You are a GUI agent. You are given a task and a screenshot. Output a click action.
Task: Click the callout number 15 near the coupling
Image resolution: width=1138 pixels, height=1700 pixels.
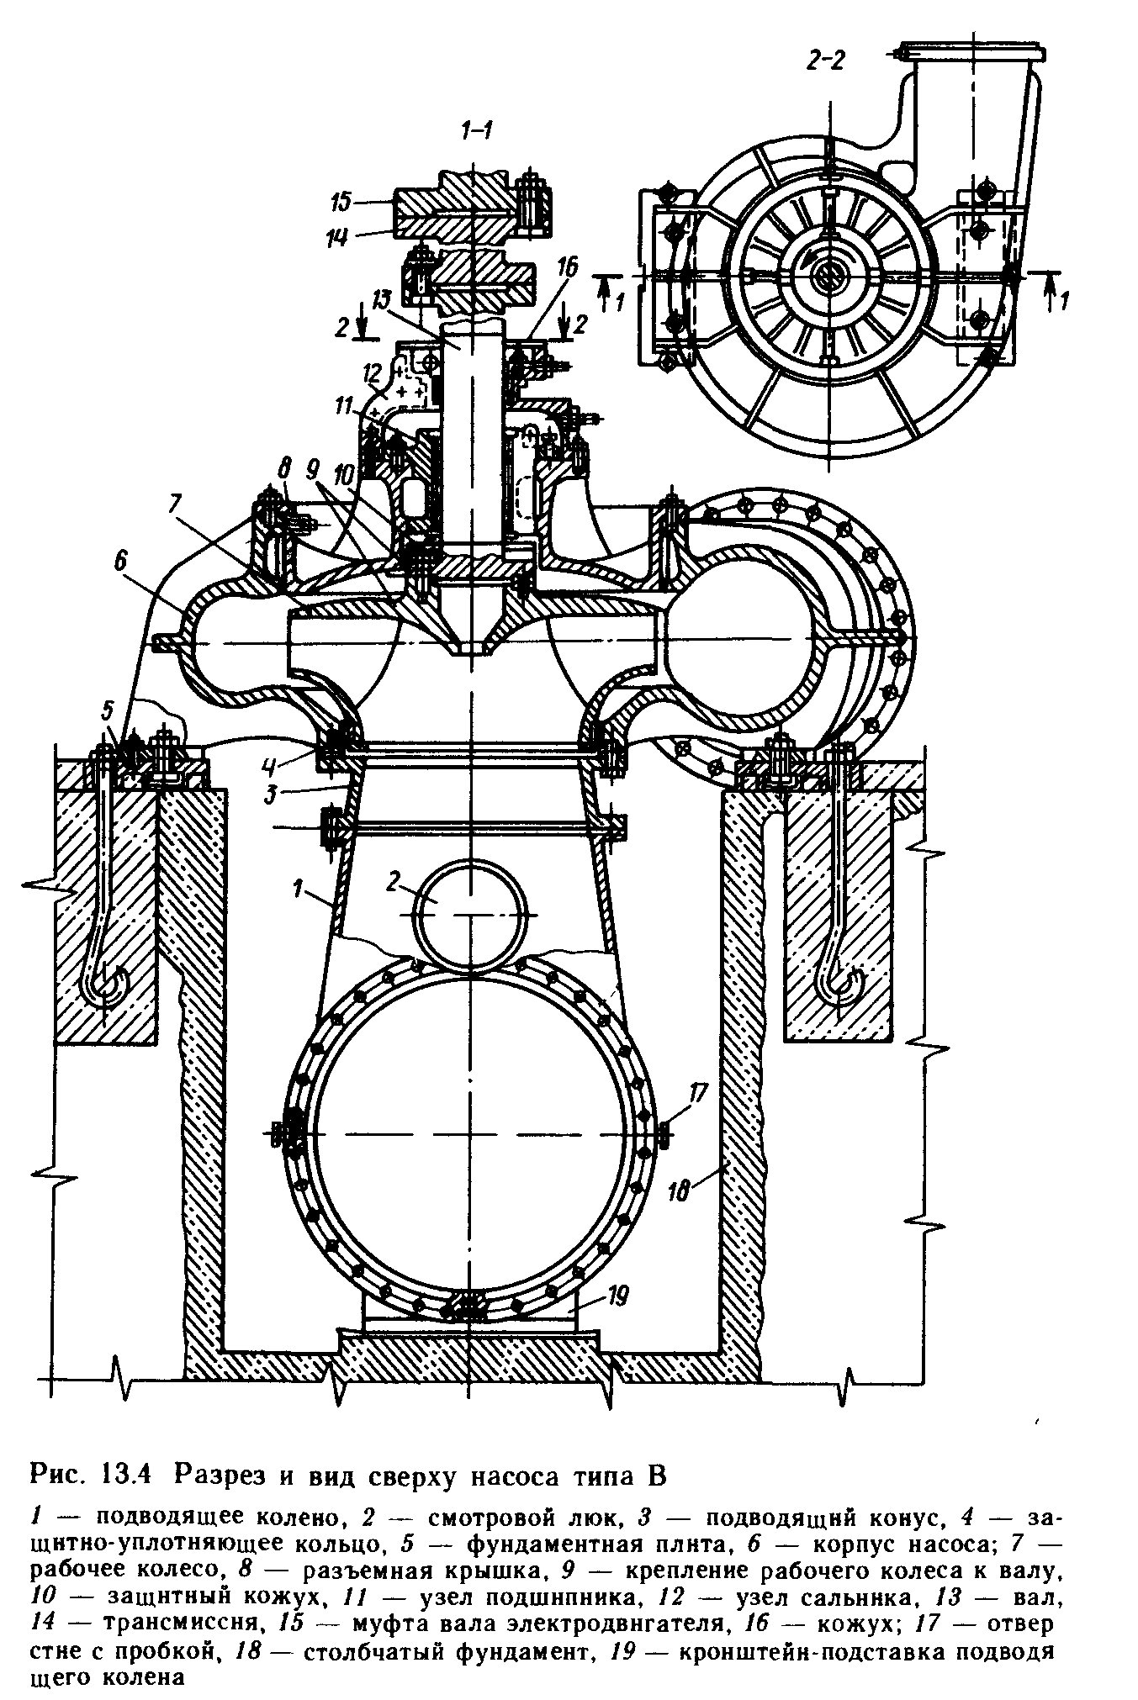[343, 202]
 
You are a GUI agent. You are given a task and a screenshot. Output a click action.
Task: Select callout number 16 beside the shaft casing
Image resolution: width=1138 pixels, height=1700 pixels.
[568, 268]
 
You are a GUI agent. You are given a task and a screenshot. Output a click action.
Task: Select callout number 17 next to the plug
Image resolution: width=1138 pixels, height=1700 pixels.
[698, 1095]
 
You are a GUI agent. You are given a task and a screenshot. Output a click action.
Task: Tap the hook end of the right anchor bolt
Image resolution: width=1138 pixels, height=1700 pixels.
[842, 985]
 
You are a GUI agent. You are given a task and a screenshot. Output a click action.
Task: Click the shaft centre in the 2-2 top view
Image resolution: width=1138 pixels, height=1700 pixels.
[828, 275]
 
